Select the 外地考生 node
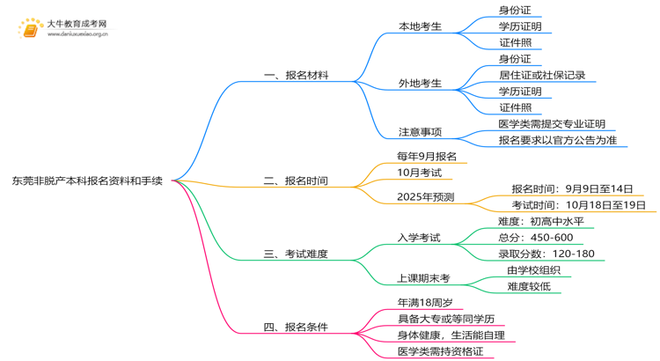pos(420,83)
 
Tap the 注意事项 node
pos(420,132)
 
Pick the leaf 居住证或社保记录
pos(541,75)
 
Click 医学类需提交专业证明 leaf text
pos(552,124)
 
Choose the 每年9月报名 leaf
pos(427,156)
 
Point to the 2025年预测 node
pos(426,196)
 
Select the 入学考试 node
pos(420,238)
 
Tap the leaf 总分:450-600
pos(535,238)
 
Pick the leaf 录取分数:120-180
pos(546,254)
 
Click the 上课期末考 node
pos(423,278)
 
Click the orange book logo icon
pos(30,28)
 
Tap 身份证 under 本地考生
pos(515,10)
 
